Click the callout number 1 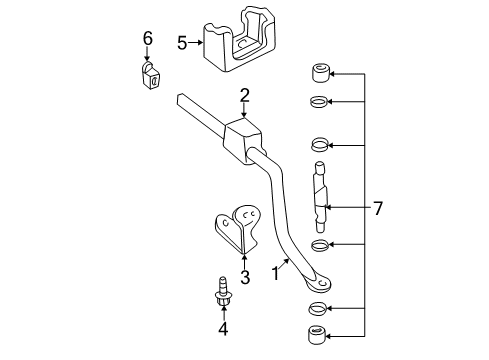click(275, 272)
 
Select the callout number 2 click(243, 96)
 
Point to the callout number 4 click(224, 329)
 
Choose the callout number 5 click(181, 42)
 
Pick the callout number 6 click(147, 38)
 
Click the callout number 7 click(378, 208)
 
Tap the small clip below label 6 click(148, 75)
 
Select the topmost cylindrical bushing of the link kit click(316, 73)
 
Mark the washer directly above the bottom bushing click(317, 306)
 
